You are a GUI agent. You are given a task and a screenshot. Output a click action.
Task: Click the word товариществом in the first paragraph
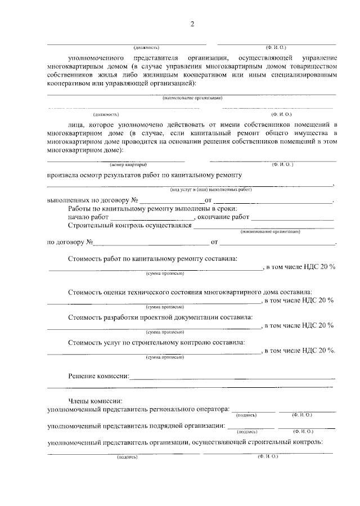[x=309, y=66]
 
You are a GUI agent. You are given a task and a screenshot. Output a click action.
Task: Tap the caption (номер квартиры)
[x=128, y=165]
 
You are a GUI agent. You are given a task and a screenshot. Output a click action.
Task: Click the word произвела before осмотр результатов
[x=65, y=175]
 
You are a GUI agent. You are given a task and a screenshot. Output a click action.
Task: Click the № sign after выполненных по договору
[x=134, y=200]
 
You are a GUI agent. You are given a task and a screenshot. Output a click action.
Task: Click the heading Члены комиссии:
[x=91, y=400]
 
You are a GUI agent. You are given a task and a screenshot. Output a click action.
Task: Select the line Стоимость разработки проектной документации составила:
[x=160, y=317]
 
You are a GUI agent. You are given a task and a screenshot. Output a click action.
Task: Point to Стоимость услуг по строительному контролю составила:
[x=156, y=342]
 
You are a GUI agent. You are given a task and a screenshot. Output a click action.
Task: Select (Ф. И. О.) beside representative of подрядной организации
[x=303, y=432]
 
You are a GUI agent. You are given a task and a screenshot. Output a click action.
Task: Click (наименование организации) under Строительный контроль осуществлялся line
[x=269, y=232]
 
